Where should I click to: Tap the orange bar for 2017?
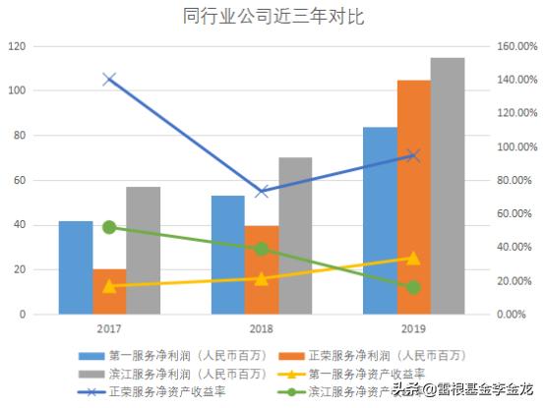click(109, 291)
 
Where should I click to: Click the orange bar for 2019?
click(413, 197)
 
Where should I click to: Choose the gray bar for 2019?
click(448, 187)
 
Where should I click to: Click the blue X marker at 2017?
click(109, 80)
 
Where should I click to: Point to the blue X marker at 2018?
click(262, 191)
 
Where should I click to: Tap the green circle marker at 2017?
click(109, 227)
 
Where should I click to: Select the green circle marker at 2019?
click(413, 288)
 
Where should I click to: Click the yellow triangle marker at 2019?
click(413, 258)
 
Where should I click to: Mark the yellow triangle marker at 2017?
click(109, 285)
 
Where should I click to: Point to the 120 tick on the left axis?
click(17, 46)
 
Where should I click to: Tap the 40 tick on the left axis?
click(20, 225)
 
